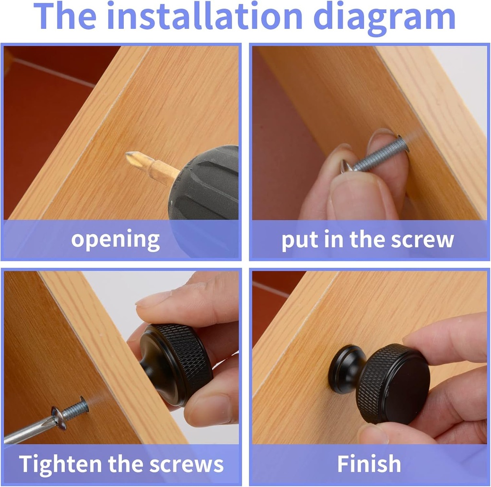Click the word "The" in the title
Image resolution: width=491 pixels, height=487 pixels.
(65, 16)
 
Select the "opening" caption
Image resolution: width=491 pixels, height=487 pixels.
(115, 240)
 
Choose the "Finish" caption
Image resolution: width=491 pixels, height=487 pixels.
(369, 463)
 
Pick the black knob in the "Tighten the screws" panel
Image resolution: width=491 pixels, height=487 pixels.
(174, 365)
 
